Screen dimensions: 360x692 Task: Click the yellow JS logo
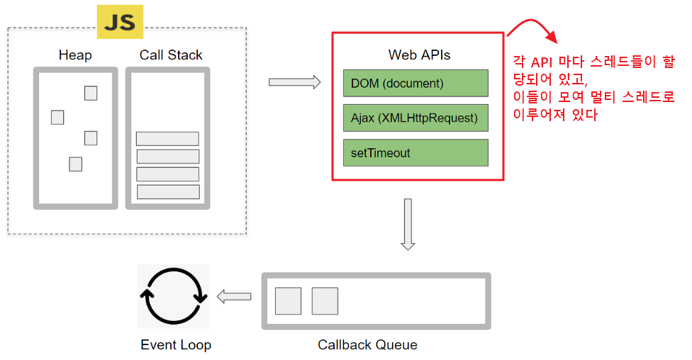tap(120, 21)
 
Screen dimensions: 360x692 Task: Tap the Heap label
tap(75, 55)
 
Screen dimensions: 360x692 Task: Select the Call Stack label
tap(171, 55)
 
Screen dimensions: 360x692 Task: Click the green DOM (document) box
tap(415, 83)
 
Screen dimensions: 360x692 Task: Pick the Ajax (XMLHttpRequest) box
tap(415, 118)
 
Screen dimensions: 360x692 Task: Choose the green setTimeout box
tap(415, 152)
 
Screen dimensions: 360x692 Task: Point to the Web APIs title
tap(419, 55)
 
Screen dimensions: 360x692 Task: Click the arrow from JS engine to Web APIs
tap(295, 82)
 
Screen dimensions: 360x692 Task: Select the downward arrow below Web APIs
tap(408, 224)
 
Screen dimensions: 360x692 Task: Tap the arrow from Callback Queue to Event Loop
tap(234, 297)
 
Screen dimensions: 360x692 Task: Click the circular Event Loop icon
tap(174, 296)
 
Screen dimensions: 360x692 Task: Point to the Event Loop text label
tap(176, 345)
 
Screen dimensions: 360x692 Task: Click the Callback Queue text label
tap(367, 345)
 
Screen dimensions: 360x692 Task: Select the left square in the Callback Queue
tap(288, 300)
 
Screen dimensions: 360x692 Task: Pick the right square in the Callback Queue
tap(325, 300)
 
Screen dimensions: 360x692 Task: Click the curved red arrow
tap(533, 28)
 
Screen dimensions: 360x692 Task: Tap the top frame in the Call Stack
tap(167, 139)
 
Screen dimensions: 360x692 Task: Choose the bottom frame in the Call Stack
tap(168, 192)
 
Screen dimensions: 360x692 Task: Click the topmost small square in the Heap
tap(91, 93)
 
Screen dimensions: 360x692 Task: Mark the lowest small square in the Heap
tap(75, 164)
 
